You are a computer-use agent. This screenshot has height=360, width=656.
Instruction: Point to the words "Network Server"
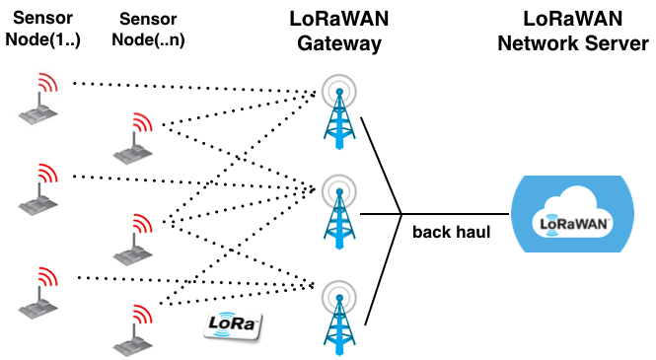point(573,44)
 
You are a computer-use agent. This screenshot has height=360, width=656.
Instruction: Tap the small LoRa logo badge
point(234,326)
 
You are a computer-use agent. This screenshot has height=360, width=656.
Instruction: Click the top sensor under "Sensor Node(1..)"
point(39,99)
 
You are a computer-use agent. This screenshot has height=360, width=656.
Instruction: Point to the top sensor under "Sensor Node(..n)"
point(133,138)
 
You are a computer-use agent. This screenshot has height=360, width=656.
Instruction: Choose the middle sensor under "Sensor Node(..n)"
point(133,238)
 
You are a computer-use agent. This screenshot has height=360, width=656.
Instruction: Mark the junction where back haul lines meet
point(401,213)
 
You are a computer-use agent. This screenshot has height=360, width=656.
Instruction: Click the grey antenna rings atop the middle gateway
point(340,186)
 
